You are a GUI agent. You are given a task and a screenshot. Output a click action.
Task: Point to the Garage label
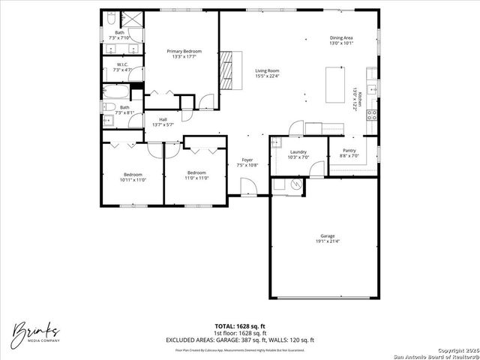pos(328,236)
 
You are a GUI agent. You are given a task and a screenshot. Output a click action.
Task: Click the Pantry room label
pos(349,150)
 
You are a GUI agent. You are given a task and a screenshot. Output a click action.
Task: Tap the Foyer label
pos(247,159)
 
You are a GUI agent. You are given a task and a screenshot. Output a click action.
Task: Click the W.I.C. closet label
pos(122,64)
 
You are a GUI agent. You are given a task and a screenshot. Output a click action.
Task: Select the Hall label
pos(163,119)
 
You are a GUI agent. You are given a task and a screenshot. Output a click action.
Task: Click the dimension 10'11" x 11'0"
pos(132,179)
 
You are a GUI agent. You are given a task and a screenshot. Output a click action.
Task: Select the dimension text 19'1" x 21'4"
pos(328,241)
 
